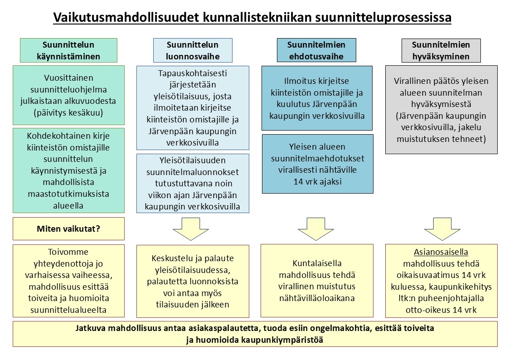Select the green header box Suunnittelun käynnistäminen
(x=68, y=50)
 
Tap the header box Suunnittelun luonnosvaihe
(x=193, y=50)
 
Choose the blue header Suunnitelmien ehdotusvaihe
(x=316, y=50)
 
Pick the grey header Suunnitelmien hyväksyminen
(x=441, y=50)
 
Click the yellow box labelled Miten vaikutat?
(x=68, y=229)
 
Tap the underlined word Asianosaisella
(x=441, y=252)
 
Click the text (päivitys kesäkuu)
(x=68, y=112)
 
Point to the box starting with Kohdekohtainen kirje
(x=68, y=170)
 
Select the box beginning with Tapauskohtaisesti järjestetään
(x=193, y=108)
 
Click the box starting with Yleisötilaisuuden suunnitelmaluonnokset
(x=193, y=184)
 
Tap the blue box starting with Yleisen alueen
(x=317, y=164)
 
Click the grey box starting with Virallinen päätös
(x=441, y=110)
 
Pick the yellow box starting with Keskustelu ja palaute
(x=193, y=281)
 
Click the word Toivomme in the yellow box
(x=68, y=252)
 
